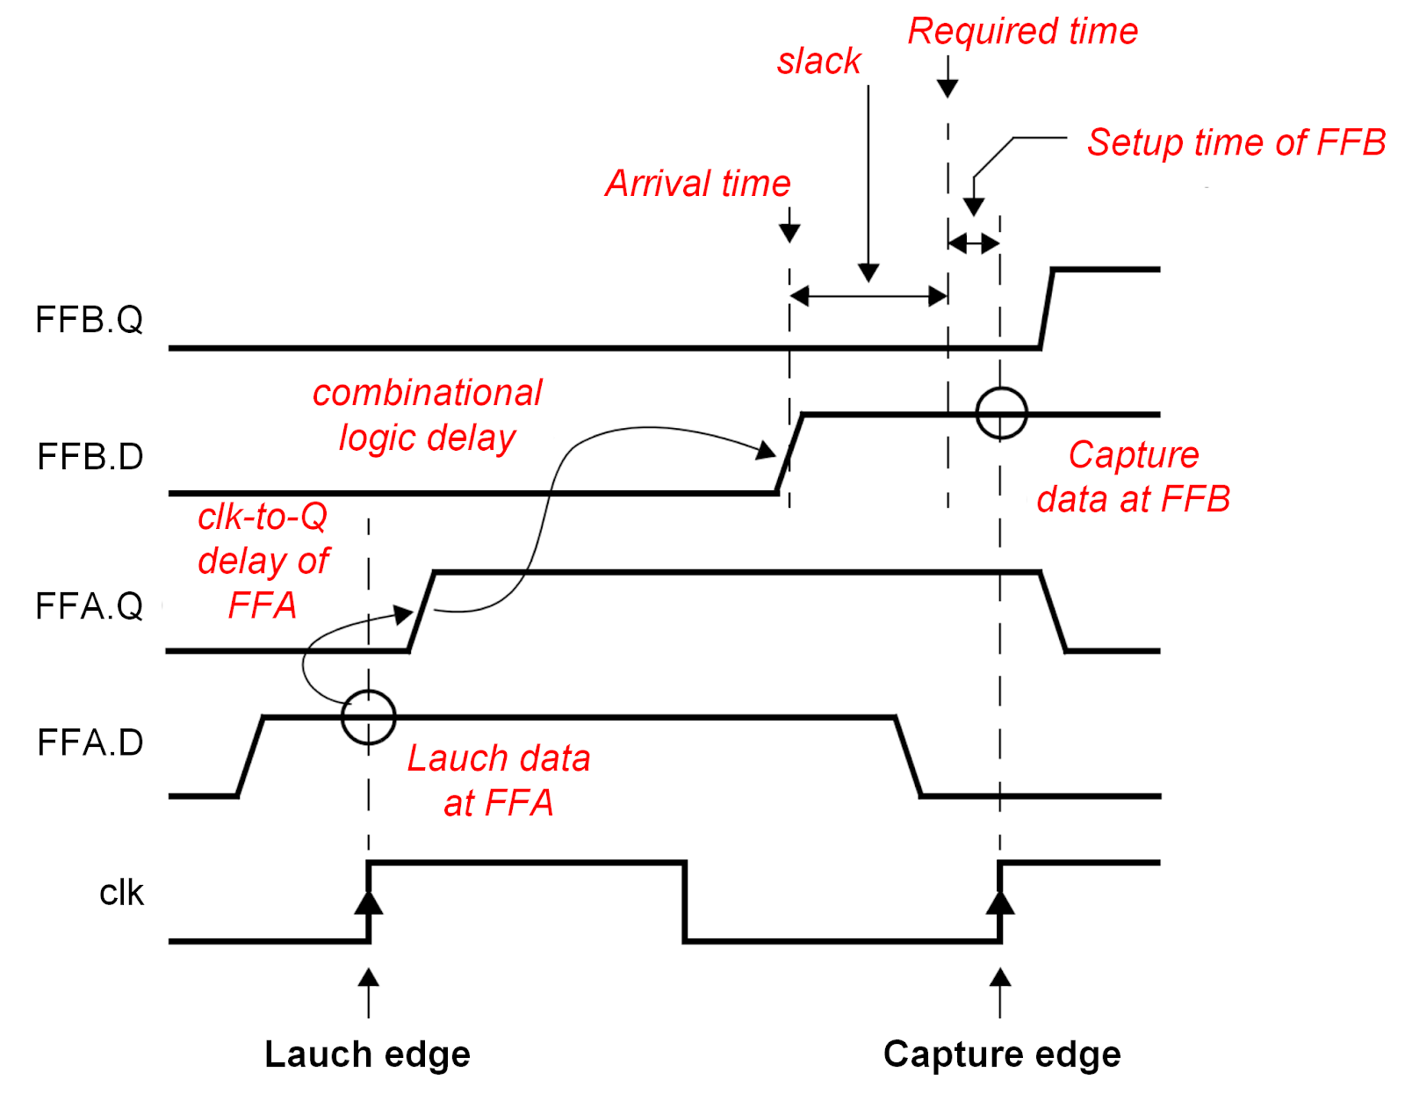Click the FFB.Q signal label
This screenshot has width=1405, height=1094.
pyautogui.click(x=89, y=320)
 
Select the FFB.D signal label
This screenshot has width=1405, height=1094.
pyautogui.click(x=90, y=457)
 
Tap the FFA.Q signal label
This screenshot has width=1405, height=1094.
pyautogui.click(x=89, y=606)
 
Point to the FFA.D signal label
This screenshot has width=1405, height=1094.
pyautogui.click(x=90, y=743)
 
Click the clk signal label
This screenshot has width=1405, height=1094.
pyautogui.click(x=121, y=893)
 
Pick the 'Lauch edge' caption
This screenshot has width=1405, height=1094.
pyautogui.click(x=367, y=1054)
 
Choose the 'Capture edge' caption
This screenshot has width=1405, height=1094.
pyautogui.click(x=1002, y=1054)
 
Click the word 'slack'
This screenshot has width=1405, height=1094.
pyautogui.click(x=818, y=62)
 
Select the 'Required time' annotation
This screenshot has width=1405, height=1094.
pyautogui.click(x=1022, y=32)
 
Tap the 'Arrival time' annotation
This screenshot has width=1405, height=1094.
pyautogui.click(x=698, y=184)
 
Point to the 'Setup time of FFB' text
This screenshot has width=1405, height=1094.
pyautogui.click(x=1236, y=142)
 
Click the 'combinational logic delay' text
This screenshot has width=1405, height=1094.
pyautogui.click(x=428, y=416)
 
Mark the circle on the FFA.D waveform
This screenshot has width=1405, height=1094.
pyautogui.click(x=369, y=717)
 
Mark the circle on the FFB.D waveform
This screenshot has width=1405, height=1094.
pyautogui.click(x=1001, y=413)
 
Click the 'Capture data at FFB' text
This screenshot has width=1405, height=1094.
pyautogui.click(x=1133, y=477)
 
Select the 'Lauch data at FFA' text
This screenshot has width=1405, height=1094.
pyautogui.click(x=499, y=780)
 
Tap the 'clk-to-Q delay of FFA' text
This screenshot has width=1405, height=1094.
pyautogui.click(x=263, y=561)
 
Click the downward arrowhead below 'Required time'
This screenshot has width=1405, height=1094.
pyautogui.click(x=947, y=86)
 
